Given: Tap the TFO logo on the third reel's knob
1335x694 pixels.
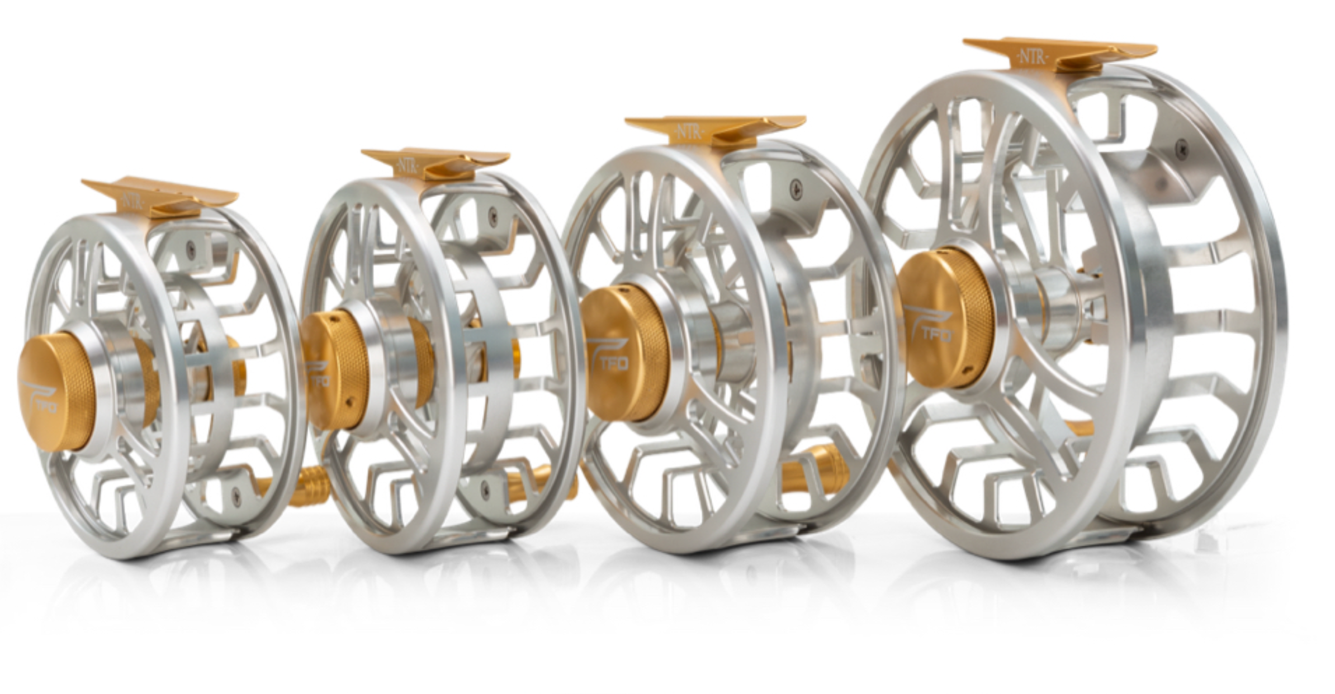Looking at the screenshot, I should [x=609, y=360].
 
